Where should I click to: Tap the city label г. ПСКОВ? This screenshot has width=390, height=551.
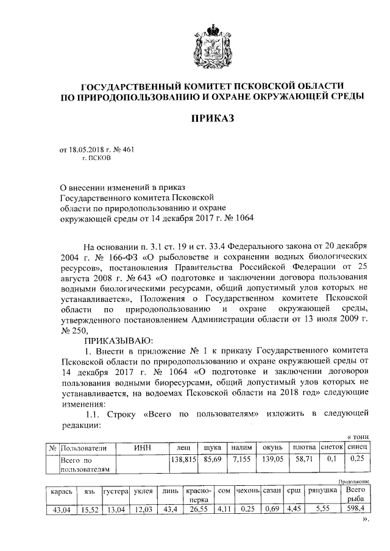[98, 157]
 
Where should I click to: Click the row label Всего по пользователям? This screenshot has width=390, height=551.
[84, 465]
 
